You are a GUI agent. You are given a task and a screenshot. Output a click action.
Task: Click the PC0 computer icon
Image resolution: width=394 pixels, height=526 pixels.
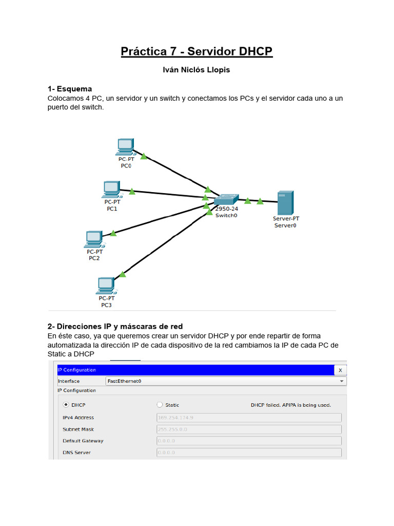click(125, 147)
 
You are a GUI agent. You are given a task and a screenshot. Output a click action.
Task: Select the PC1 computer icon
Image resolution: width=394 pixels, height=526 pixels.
click(111, 190)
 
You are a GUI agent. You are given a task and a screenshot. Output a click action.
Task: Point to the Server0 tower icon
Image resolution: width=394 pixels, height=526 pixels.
click(285, 203)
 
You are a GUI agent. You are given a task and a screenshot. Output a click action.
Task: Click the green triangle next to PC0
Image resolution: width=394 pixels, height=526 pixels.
click(144, 156)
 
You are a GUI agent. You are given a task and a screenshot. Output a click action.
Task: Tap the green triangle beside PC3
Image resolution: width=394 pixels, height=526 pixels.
click(123, 274)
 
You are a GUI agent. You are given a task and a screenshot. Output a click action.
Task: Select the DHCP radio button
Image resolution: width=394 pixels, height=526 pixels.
click(65, 405)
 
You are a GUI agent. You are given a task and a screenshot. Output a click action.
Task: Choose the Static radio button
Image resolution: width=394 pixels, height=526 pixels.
click(160, 405)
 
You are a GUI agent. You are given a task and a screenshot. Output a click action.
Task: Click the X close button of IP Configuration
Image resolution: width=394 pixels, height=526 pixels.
click(340, 370)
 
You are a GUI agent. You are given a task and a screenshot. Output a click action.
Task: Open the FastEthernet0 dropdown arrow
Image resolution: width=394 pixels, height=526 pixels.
click(342, 382)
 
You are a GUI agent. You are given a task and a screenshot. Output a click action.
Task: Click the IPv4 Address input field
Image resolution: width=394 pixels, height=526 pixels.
click(249, 418)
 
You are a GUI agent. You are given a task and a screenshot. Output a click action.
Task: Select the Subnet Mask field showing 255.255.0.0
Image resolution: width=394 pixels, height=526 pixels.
click(249, 429)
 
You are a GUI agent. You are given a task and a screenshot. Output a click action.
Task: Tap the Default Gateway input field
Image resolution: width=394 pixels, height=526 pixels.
click(249, 441)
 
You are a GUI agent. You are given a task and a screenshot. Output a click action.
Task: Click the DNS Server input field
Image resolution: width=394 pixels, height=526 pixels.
click(249, 453)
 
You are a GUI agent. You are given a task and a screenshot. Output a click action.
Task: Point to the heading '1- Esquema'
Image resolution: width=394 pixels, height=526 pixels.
click(70, 89)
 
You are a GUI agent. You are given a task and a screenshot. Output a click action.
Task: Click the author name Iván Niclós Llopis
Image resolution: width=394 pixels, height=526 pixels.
click(196, 70)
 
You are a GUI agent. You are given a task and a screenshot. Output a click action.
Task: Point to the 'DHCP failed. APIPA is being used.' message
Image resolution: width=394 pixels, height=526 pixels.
click(291, 405)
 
